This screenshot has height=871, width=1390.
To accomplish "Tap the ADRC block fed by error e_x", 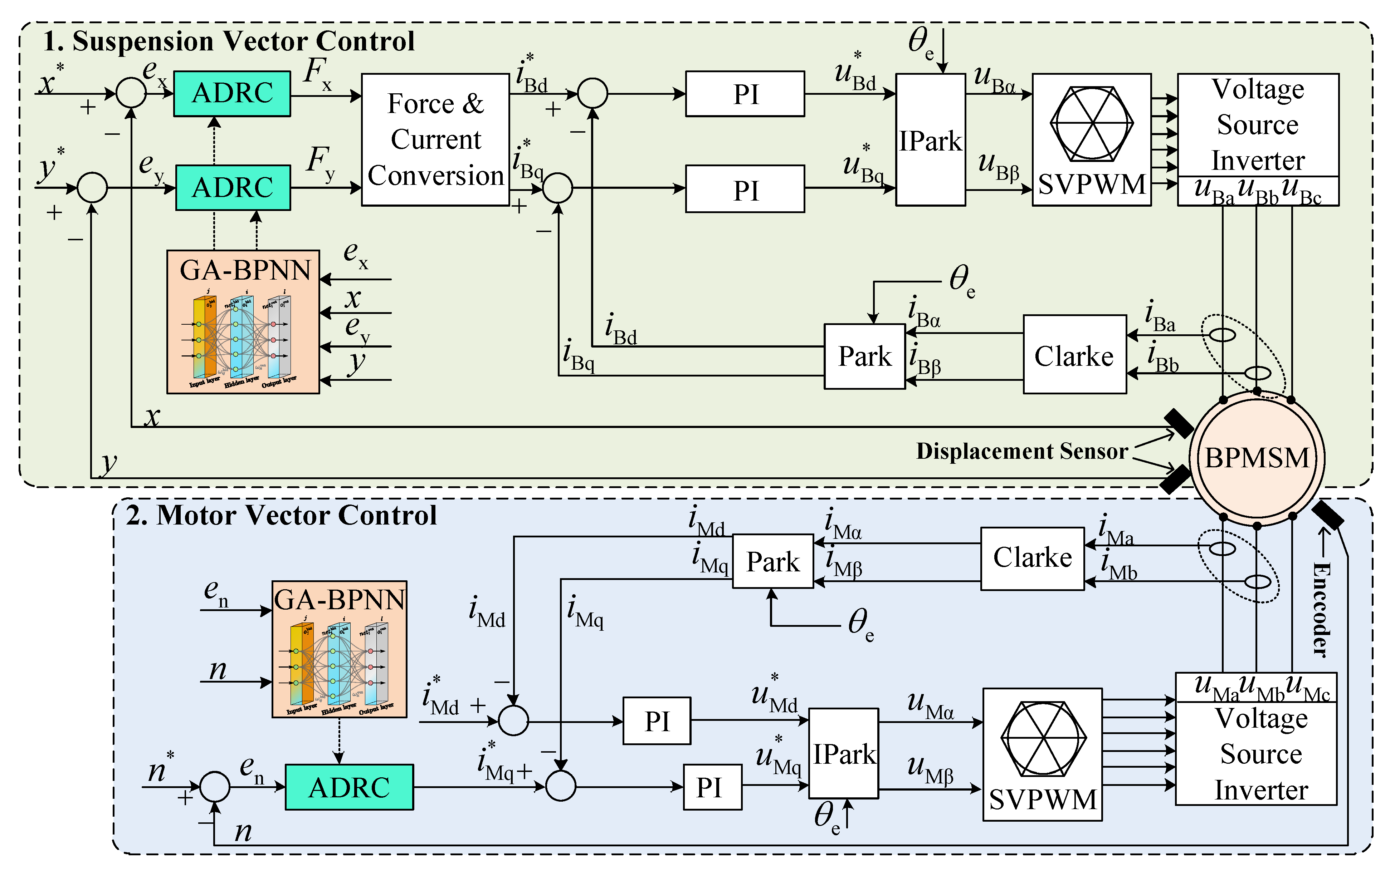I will (x=232, y=93).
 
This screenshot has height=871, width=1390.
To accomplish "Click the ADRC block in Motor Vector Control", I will (x=349, y=787).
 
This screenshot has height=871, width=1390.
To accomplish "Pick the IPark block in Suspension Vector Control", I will (x=930, y=139).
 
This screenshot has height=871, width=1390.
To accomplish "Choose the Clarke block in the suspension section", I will (x=1074, y=355).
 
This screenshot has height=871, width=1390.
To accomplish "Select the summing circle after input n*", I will (x=215, y=786).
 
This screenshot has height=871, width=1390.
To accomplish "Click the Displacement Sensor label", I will (x=1022, y=451).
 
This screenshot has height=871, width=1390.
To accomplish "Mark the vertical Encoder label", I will (x=1321, y=610).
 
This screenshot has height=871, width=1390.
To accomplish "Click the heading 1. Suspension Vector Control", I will (x=229, y=41).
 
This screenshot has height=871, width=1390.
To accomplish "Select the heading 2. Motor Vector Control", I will (x=281, y=515).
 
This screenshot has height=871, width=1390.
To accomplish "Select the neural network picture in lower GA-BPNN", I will (x=339, y=665).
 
